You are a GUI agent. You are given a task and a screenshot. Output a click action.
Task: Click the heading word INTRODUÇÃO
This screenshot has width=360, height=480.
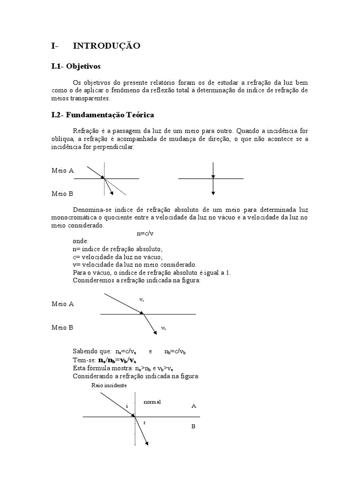click(x=106, y=45)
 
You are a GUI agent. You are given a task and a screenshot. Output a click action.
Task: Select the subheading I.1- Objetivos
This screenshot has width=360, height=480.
click(x=76, y=67)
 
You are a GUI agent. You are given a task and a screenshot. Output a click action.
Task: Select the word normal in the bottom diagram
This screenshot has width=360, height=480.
click(x=152, y=402)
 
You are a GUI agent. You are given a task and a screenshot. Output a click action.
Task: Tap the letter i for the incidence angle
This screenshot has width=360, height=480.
click(x=127, y=405)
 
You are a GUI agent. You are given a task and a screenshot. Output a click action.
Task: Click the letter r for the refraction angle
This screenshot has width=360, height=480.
click(x=144, y=422)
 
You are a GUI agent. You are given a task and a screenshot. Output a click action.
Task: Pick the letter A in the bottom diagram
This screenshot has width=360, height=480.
click(x=194, y=406)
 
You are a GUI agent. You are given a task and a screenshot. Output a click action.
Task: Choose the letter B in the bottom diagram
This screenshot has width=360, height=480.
click(x=193, y=427)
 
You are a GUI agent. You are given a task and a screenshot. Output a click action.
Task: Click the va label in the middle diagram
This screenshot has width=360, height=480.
click(x=142, y=299)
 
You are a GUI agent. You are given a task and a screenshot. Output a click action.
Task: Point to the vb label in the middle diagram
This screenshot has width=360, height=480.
click(x=164, y=329)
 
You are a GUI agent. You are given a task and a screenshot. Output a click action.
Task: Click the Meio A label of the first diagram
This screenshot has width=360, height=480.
click(x=62, y=171)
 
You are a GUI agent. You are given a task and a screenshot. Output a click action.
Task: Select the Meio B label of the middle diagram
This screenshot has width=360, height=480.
click(x=62, y=328)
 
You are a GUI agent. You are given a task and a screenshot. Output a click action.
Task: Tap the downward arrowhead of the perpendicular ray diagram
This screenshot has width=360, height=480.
click(x=213, y=192)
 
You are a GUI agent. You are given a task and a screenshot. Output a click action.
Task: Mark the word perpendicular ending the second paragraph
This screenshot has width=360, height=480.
click(x=114, y=147)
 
